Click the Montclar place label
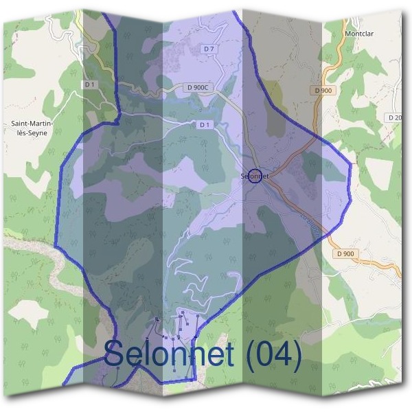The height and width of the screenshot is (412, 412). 362,33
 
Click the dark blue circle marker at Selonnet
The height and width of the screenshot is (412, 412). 255,176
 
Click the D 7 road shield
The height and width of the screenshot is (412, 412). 209,49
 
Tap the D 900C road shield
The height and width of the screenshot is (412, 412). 198,88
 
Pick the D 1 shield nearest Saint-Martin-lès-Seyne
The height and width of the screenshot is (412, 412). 89,84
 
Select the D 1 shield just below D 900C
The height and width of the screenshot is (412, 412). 203,125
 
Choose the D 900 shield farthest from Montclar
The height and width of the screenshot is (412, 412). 346,253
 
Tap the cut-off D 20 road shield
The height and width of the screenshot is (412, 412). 395,117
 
